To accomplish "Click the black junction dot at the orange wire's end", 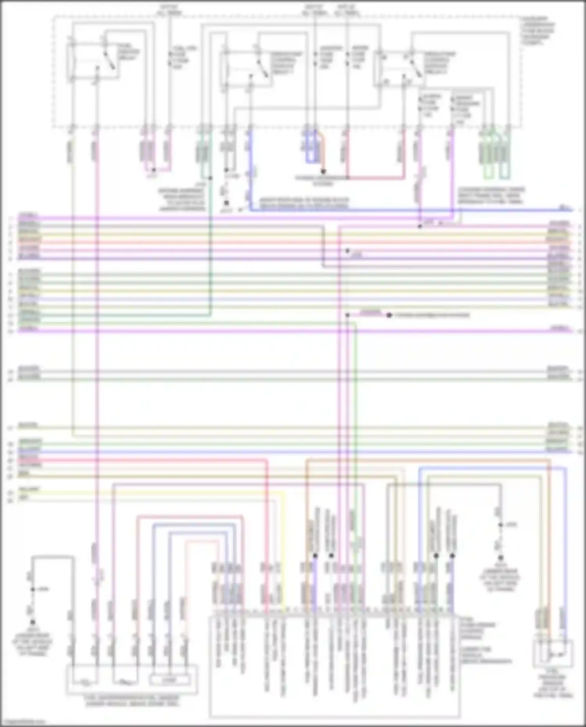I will point(323,171).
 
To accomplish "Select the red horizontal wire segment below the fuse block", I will point(375,178).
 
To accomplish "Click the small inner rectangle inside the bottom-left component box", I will point(170,680).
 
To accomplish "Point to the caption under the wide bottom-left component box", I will point(132,701).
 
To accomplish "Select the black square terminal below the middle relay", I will point(226,203).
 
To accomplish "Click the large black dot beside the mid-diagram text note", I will point(389,315).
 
